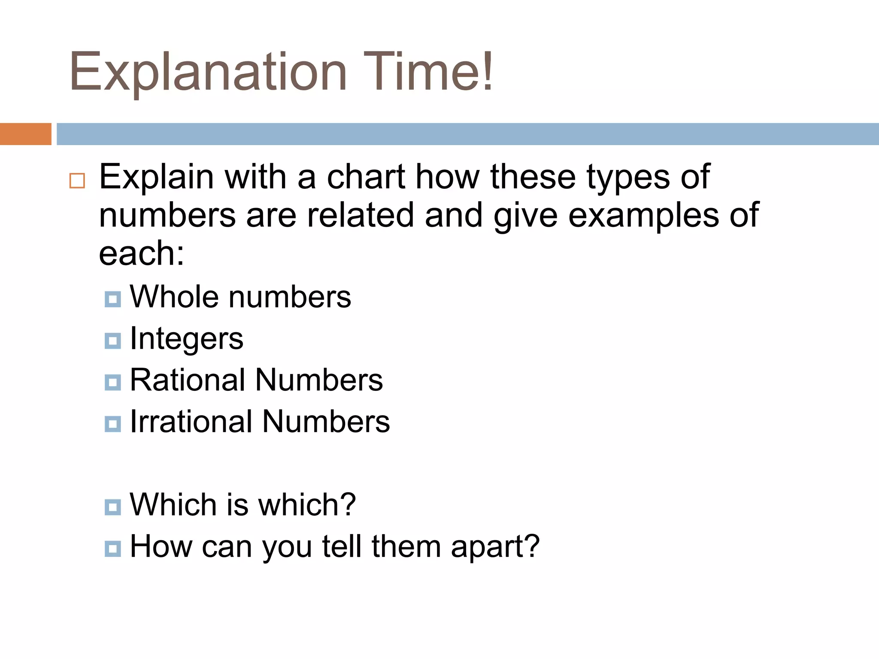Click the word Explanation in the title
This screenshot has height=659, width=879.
point(208,72)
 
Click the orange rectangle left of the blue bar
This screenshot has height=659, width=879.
point(25,134)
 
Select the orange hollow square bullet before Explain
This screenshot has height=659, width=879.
point(77,181)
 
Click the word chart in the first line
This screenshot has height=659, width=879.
point(366,177)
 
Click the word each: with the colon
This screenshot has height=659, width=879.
point(142,253)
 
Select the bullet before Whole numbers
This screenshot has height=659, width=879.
point(112,299)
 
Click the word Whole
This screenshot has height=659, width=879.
point(173,296)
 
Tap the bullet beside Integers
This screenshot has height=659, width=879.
point(112,341)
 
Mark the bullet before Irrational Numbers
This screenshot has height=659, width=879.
point(112,424)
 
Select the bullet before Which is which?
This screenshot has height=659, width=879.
point(112,507)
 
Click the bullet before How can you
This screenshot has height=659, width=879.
point(112,548)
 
